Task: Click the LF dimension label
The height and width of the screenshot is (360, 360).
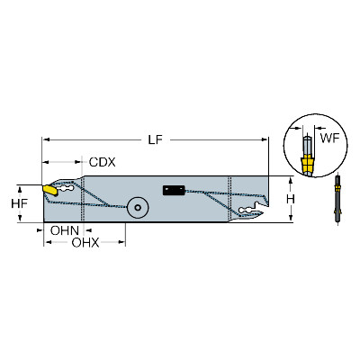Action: point(155,139)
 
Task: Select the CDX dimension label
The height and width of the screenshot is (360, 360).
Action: point(103,162)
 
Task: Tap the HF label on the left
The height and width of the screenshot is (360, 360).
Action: point(19,203)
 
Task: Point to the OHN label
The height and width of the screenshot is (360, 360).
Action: point(65,230)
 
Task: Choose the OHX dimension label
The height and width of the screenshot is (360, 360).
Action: point(85,243)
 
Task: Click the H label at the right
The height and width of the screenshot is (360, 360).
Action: point(291,199)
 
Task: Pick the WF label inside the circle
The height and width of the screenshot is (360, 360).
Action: point(329,139)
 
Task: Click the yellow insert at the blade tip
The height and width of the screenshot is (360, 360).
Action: point(50,190)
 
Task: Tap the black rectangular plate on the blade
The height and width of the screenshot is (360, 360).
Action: point(174,190)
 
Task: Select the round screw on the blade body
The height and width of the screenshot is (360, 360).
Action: point(138,207)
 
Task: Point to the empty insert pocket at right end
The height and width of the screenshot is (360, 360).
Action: point(251,210)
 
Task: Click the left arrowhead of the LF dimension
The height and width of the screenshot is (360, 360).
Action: point(46,139)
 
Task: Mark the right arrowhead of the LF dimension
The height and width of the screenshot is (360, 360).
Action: point(264,139)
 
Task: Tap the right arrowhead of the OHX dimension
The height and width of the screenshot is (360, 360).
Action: point(121,242)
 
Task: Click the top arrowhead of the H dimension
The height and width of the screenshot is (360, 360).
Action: point(291,180)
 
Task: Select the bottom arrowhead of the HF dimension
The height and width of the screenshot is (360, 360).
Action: point(20,219)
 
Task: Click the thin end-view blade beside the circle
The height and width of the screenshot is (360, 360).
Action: point(338,198)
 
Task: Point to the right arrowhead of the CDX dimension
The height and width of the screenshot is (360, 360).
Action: point(78,162)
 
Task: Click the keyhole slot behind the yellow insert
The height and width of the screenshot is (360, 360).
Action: point(67,188)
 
